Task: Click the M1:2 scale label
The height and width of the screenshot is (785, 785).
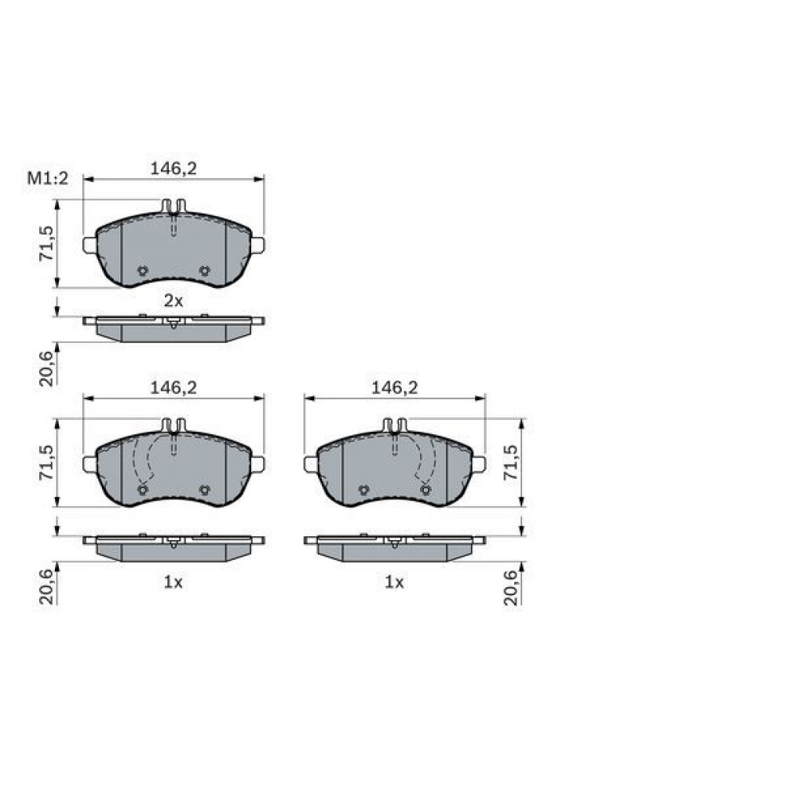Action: point(48,178)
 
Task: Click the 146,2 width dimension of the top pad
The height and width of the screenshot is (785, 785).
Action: point(173,169)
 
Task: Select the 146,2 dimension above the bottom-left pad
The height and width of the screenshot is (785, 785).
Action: point(173,388)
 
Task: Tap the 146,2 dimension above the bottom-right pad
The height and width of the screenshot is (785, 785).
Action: point(395,388)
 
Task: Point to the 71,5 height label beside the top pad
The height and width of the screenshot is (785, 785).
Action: point(46,243)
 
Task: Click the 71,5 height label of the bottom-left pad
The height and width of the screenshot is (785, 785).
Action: point(46,462)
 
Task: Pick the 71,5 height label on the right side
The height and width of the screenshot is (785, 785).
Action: point(511,462)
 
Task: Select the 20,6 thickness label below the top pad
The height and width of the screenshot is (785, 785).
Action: point(46,368)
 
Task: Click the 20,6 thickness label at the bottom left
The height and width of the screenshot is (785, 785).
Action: point(46,587)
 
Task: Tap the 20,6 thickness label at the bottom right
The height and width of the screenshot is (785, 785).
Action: point(511,587)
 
